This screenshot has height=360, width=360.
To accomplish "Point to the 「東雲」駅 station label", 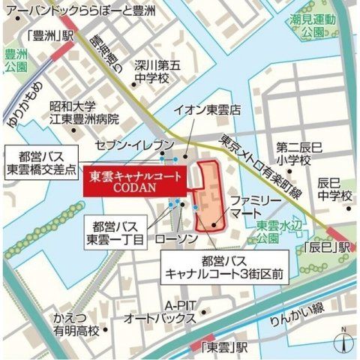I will point(223,347).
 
